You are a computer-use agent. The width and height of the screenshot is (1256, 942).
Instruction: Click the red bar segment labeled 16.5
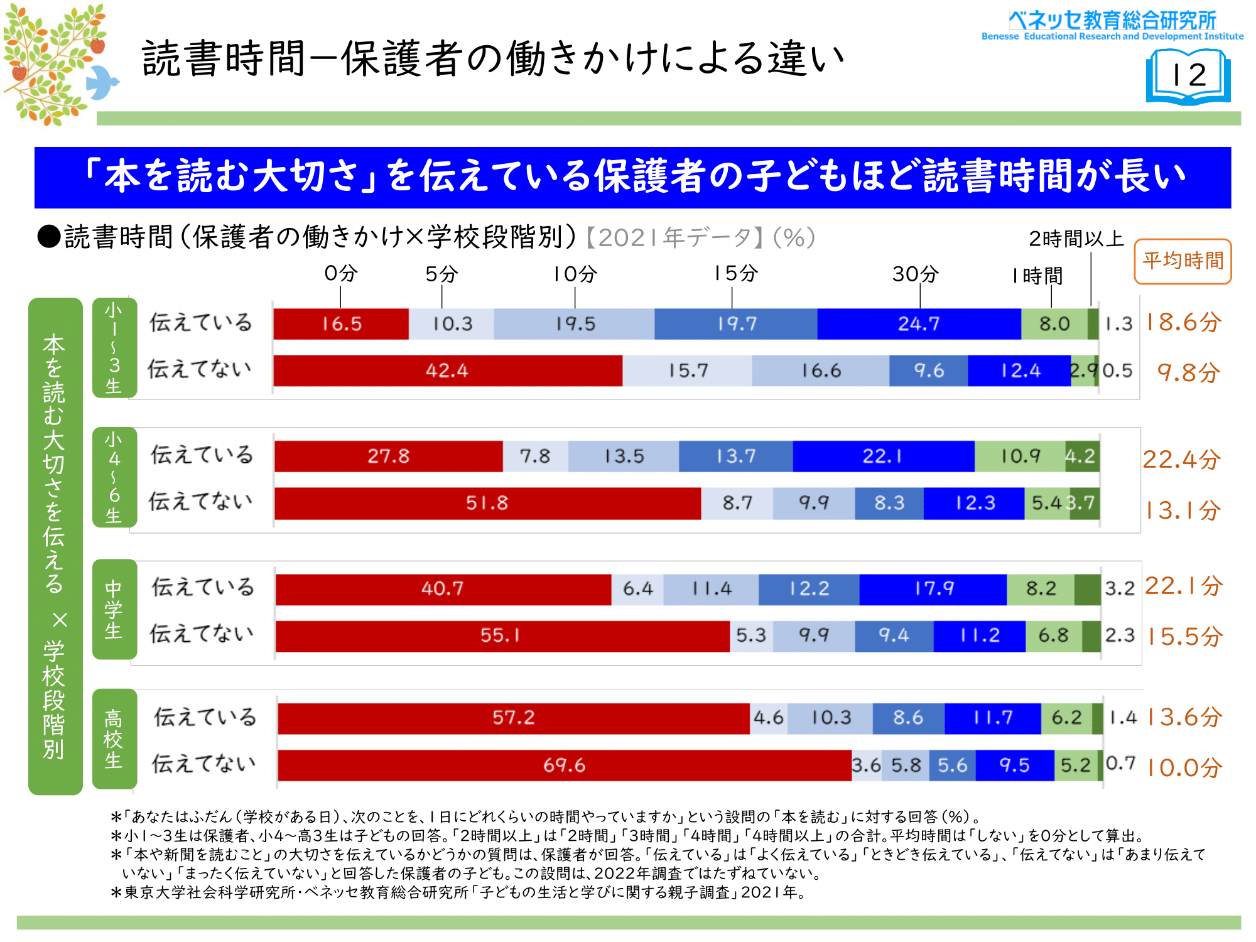[341, 324]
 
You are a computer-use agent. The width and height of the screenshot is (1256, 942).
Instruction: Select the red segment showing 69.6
[564, 765]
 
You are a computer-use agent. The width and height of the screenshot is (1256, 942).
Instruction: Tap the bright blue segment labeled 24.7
[919, 324]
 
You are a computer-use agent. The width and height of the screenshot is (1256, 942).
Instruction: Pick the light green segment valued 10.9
[1020, 456]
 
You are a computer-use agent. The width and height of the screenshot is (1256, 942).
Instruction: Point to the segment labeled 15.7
[687, 371]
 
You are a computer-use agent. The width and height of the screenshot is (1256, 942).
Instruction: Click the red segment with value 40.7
[443, 589]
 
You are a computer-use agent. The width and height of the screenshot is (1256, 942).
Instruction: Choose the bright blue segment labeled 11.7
[993, 718]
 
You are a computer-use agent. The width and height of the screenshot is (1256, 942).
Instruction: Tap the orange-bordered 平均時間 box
[1183, 261]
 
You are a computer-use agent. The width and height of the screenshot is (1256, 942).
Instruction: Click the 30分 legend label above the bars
[916, 274]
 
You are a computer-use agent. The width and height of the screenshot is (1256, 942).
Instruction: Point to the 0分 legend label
[340, 274]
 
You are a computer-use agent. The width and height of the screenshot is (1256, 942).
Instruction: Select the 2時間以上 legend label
[1076, 239]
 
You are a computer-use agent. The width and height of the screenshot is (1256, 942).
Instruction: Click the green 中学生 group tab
[114, 609]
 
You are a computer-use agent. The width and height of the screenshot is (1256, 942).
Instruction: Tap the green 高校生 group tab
[114, 739]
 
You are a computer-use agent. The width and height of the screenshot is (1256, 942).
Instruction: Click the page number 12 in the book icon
[1189, 76]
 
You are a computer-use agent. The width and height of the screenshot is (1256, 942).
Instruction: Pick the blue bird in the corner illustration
[102, 82]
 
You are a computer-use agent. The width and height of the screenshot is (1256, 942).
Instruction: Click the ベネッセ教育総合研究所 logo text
[1112, 20]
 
